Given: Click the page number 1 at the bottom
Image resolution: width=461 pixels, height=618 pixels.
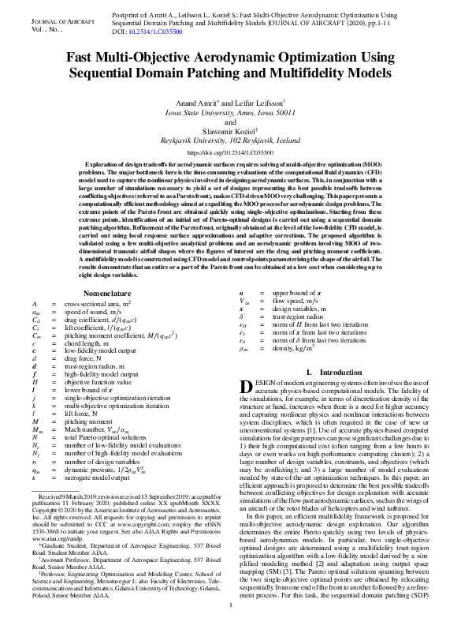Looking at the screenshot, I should coord(230,605).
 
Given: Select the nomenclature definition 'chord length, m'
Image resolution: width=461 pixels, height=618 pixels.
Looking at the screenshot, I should coord(90,320).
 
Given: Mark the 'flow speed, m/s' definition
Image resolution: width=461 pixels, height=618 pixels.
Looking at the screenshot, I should coord(292,279).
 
